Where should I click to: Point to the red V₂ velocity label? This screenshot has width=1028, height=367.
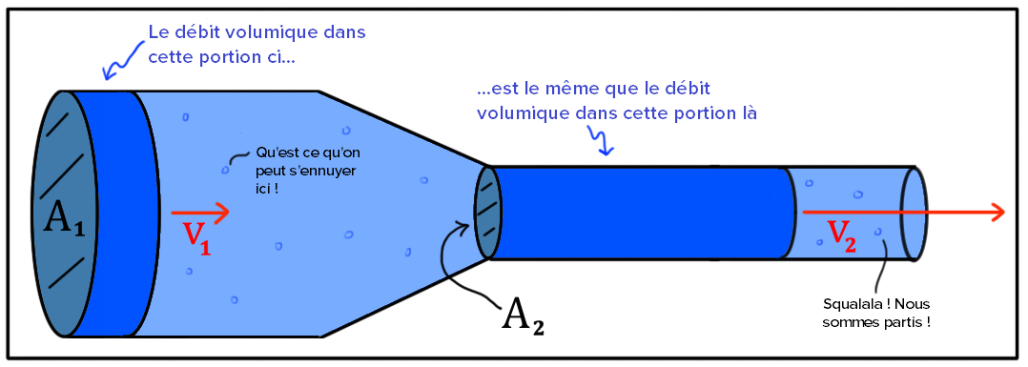click(x=841, y=236)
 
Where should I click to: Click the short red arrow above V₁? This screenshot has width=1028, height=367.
click(x=200, y=213)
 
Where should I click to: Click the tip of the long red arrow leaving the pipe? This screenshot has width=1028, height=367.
click(x=1006, y=213)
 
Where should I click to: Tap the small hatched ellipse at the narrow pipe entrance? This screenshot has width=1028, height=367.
click(x=488, y=213)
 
